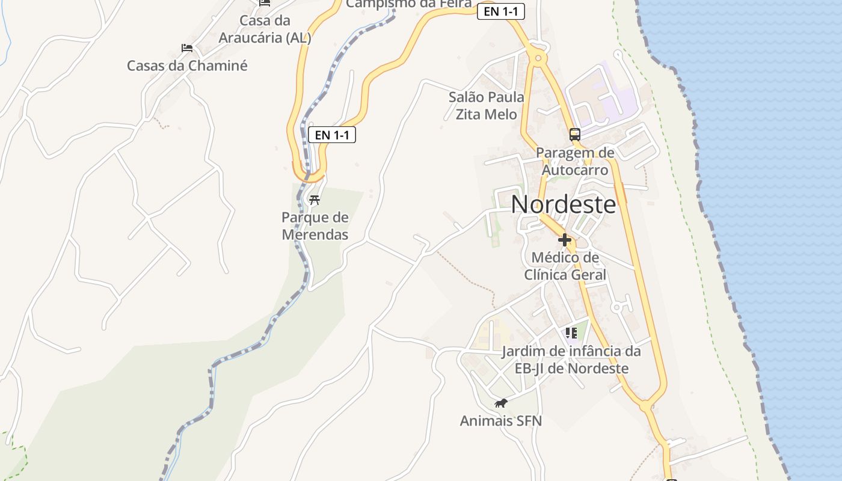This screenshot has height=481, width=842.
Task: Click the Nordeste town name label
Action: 564,204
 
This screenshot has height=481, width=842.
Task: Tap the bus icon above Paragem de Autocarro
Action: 575,134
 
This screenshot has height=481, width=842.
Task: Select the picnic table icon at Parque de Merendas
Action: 314,200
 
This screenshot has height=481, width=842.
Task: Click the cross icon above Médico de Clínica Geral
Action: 565,240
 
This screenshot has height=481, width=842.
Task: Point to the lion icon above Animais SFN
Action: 500,403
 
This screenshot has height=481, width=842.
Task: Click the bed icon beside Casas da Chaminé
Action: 187,48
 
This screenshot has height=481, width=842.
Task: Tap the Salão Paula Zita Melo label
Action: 487,105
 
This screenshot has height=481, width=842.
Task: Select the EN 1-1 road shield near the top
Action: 501,11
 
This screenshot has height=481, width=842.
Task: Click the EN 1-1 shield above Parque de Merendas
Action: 332,135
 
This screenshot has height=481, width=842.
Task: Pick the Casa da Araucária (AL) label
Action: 265,29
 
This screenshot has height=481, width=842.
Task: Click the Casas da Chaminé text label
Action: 187,66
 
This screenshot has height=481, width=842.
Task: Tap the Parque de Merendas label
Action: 315,226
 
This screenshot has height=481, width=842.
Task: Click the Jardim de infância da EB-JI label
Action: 571,360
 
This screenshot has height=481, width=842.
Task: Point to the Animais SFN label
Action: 501,421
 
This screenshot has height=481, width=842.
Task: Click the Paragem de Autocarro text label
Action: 576,161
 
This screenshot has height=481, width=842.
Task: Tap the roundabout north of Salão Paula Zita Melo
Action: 538,58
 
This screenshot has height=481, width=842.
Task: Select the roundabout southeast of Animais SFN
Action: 646,406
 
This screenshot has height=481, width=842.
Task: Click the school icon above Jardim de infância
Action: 571,333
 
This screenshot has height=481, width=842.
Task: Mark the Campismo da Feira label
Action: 409,4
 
